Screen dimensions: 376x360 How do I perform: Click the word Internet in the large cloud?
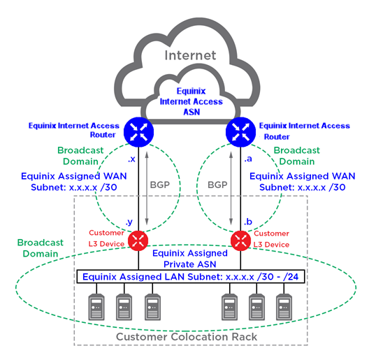pos(190,55)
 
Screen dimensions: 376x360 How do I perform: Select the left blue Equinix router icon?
pos(138,132)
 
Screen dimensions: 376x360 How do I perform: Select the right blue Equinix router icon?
pos(240,132)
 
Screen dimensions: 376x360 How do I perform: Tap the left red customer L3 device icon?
pos(138,240)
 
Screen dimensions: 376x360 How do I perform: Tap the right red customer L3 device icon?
pos(240,240)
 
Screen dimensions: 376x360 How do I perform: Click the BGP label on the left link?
pos(160,185)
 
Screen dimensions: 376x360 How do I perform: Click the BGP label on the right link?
pos(217,185)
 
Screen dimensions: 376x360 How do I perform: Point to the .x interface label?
pos(131,159)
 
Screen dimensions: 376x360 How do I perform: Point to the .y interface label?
pos(129,222)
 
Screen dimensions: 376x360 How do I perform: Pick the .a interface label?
pos(248,159)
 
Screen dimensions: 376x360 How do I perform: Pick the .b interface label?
pos(248,222)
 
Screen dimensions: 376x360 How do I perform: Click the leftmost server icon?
pos(96,307)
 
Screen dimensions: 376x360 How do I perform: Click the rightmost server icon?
pos(284,307)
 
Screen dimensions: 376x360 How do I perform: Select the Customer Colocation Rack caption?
pos(187,337)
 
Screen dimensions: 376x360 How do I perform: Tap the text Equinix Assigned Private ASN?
pos(190,259)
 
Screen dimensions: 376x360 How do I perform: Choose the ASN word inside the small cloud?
pos(191,112)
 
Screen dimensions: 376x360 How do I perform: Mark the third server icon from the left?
pos(152,307)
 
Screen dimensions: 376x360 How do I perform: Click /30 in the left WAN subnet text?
pos(109,187)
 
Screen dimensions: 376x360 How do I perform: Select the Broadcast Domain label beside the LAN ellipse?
pos(41,248)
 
